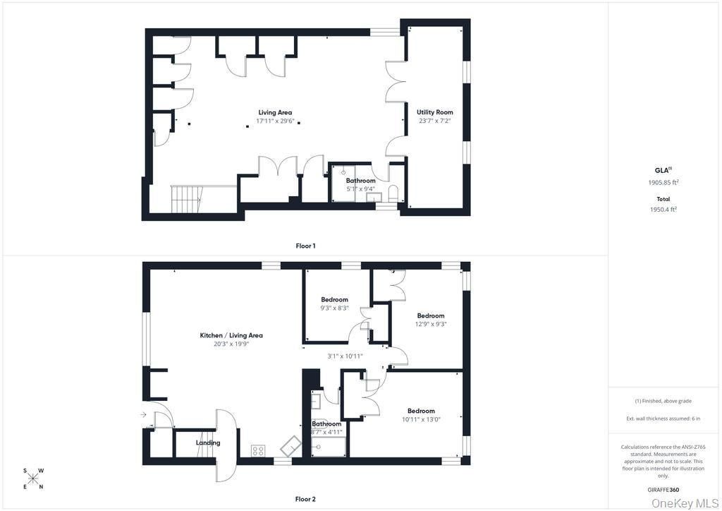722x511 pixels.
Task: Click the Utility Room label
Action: pos(434,112)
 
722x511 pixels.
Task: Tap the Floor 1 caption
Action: pos(305,246)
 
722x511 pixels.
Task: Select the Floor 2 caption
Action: pos(305,499)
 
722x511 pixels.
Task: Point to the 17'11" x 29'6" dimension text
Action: pos(275,121)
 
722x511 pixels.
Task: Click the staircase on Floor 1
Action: pos(187,199)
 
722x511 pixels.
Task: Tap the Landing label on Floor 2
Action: pos(208,443)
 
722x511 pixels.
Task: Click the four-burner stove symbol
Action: pos(258,450)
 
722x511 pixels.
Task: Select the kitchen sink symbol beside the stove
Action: pos(291,446)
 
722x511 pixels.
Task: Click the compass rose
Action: pos(33,479)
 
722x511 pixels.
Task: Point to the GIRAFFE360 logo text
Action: pos(663,490)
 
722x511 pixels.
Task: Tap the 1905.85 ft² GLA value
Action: pos(663,183)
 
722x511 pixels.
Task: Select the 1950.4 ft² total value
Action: pos(663,209)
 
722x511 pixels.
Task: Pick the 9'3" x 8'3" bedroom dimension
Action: pos(335,308)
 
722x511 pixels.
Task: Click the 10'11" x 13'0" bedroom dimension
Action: pos(422,419)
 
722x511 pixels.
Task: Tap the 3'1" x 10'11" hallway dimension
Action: pos(345,356)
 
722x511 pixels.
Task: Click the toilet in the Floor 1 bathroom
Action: pos(393,193)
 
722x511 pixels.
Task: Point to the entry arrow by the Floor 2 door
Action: pos(143,415)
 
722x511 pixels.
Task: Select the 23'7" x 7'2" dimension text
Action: pos(434,121)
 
